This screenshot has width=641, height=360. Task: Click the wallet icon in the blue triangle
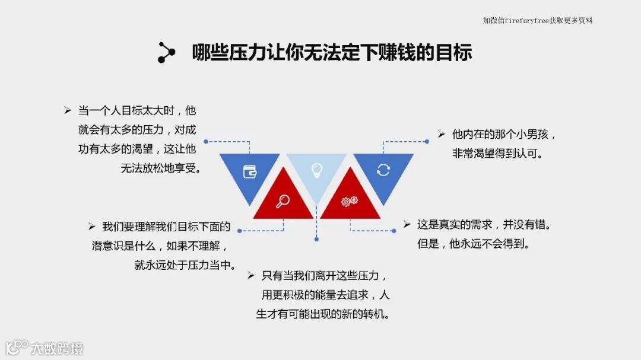[x=250, y=172]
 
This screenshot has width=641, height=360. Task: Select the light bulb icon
[x=317, y=171]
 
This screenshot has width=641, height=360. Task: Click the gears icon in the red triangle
[x=349, y=201]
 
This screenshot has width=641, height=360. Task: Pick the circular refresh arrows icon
[x=383, y=170]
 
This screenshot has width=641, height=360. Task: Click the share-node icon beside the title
[x=166, y=52]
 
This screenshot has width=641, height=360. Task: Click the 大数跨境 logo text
[x=57, y=348]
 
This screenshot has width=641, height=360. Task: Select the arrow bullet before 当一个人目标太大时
[x=68, y=110]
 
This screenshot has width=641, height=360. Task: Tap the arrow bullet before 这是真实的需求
[x=407, y=224]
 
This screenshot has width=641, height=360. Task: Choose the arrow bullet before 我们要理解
[x=91, y=226]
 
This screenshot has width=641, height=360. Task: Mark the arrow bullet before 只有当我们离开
[x=251, y=275]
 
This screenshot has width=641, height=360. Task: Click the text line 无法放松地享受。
[x=161, y=168]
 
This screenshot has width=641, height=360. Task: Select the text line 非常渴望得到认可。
[x=497, y=154]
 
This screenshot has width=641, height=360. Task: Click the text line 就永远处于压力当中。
[x=185, y=265]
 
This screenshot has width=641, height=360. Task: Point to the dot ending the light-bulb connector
[x=317, y=239]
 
